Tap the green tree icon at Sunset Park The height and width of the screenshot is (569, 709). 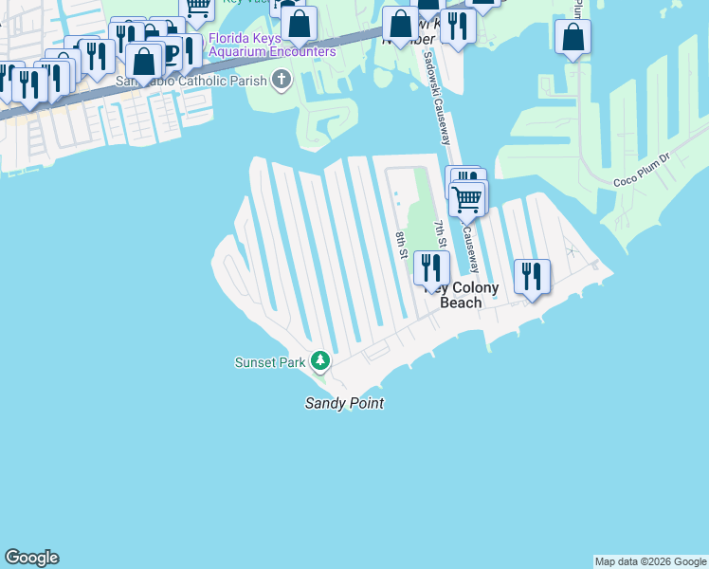pyautogui.click(x=321, y=360)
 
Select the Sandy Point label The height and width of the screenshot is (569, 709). pyautogui.click(x=344, y=403)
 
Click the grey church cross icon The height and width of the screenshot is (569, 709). pyautogui.click(x=282, y=81)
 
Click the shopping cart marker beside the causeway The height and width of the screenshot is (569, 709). pyautogui.click(x=466, y=199)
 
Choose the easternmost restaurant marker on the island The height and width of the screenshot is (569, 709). pyautogui.click(x=532, y=276)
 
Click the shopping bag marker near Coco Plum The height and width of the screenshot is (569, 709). pyautogui.click(x=573, y=38)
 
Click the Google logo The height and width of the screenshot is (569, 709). pyautogui.click(x=31, y=558)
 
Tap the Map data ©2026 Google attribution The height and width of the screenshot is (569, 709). pyautogui.click(x=650, y=561)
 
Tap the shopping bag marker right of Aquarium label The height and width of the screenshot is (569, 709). pyautogui.click(x=300, y=25)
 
